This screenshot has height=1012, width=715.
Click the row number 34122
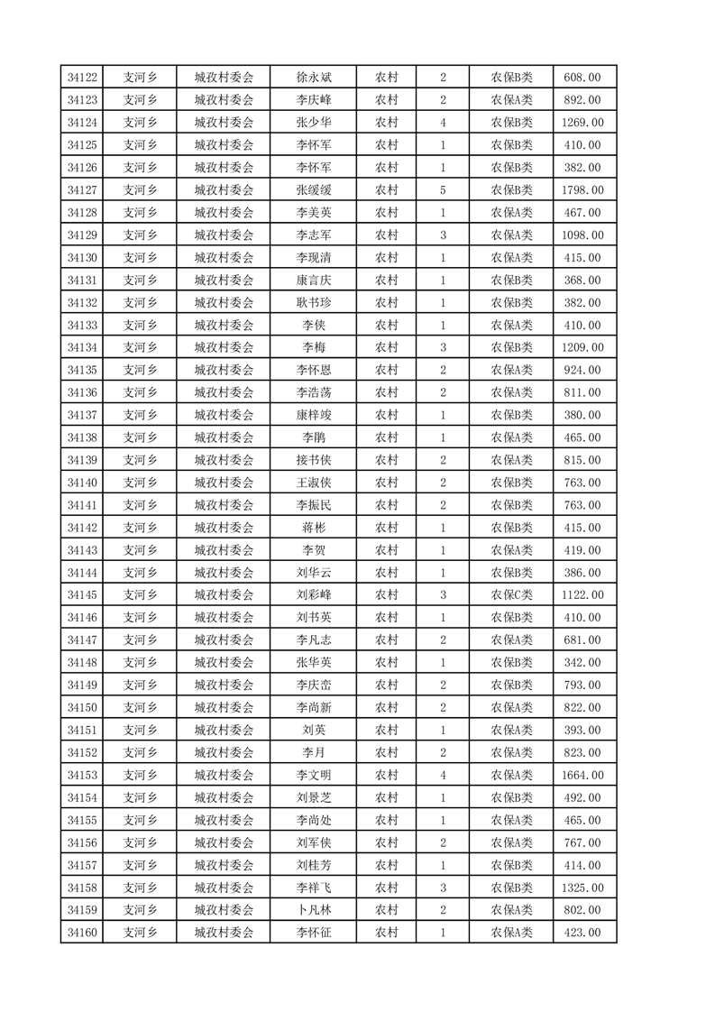click(x=82, y=78)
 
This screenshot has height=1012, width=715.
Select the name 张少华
click(x=314, y=123)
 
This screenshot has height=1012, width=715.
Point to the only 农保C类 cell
click(x=511, y=595)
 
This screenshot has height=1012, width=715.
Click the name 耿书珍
click(x=314, y=303)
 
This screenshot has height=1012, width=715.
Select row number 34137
click(x=82, y=415)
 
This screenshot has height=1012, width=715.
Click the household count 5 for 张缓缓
click(x=443, y=190)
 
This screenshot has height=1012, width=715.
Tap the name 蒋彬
click(x=314, y=528)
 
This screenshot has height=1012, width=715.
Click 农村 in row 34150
click(x=387, y=707)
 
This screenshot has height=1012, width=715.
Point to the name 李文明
click(x=314, y=775)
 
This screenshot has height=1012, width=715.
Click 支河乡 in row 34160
click(x=140, y=933)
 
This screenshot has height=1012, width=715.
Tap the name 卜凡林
click(x=314, y=910)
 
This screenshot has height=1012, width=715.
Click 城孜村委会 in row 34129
click(x=224, y=235)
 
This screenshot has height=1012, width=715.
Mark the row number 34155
click(x=82, y=820)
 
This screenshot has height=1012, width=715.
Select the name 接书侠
click(x=314, y=460)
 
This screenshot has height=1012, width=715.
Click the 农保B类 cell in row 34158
click(x=511, y=888)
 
